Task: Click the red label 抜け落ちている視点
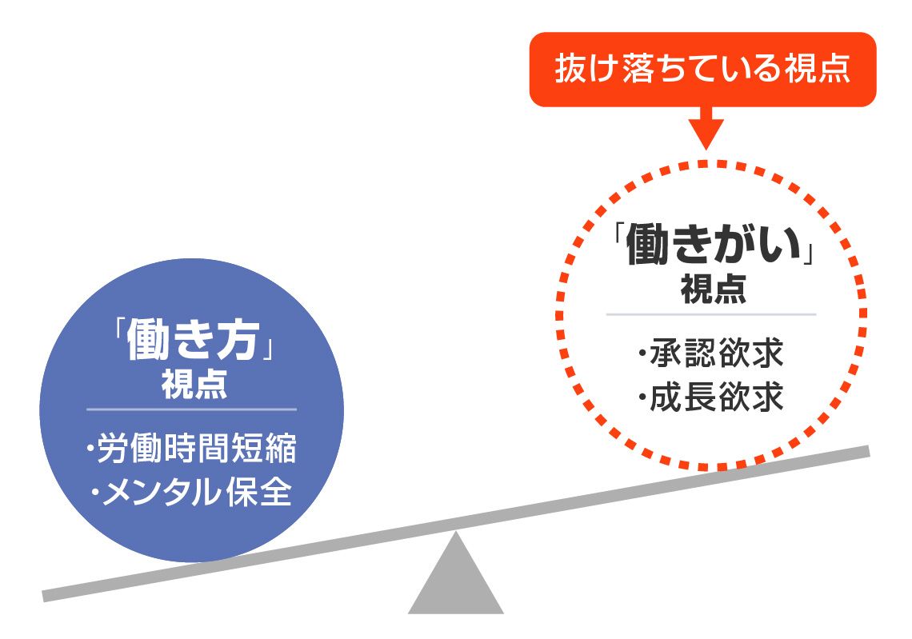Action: point(702,69)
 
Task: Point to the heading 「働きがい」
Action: point(713,245)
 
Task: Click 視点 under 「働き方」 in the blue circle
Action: point(194,385)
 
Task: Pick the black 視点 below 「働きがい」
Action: point(714,289)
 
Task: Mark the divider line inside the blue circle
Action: point(192,409)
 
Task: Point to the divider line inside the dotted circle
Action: point(711,314)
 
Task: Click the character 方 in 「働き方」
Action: point(238,340)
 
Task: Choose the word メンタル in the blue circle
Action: point(160,492)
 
